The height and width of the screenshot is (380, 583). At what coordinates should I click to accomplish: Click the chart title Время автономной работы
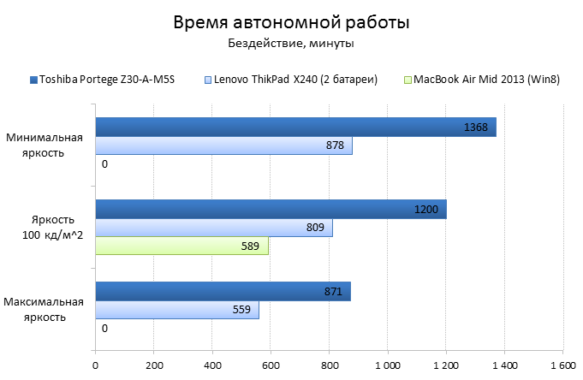(291, 22)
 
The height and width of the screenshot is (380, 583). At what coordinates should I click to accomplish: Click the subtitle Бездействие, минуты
(291, 44)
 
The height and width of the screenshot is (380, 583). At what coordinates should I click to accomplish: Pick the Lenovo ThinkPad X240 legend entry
(291, 80)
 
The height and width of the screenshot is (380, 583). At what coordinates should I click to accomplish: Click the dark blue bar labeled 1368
(294, 128)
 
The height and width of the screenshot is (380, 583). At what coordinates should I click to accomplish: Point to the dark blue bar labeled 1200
(271, 210)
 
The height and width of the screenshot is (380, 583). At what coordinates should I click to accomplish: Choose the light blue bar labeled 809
(213, 228)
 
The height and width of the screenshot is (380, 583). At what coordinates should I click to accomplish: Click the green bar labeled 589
(181, 246)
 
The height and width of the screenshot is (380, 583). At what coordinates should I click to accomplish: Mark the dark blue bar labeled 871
(223, 292)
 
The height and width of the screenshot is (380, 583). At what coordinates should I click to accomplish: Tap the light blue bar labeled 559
(176, 310)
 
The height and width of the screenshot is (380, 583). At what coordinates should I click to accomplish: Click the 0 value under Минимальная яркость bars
(104, 164)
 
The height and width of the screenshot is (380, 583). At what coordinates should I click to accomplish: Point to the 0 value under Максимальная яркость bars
(104, 328)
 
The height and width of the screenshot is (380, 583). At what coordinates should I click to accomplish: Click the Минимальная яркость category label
(45, 145)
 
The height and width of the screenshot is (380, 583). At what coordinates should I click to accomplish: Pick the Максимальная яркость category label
(44, 309)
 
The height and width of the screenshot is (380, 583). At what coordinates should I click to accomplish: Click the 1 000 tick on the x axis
(387, 365)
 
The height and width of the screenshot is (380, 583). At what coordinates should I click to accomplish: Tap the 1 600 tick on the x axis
(562, 365)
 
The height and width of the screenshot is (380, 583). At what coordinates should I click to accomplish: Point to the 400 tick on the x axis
(211, 365)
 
